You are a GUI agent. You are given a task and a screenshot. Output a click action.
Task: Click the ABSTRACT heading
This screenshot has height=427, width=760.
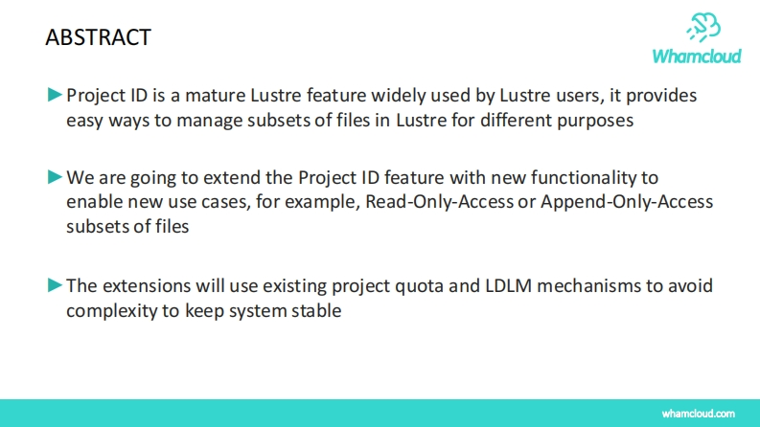99,37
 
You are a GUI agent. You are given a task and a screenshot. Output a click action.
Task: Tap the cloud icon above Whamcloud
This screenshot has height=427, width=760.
703,27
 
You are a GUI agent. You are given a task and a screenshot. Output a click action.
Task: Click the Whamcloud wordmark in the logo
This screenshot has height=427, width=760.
697,56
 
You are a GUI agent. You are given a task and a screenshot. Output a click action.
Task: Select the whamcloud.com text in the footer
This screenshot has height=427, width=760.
699,414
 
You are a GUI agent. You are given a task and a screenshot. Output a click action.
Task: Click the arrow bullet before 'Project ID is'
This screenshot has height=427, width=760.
56,95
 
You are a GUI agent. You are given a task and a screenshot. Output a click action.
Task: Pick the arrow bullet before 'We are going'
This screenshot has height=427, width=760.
56,177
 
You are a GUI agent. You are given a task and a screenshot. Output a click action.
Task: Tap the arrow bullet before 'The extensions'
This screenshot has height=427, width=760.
56,285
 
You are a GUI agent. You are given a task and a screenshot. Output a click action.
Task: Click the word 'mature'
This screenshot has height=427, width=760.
216,96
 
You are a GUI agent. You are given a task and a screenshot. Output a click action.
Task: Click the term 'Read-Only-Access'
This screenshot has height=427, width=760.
439,201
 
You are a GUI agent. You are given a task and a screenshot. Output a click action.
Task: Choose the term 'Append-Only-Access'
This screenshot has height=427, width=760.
627,202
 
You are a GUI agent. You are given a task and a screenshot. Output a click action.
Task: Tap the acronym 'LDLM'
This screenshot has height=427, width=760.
509,285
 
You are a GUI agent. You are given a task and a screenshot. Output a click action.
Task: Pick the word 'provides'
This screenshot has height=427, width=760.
661,97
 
